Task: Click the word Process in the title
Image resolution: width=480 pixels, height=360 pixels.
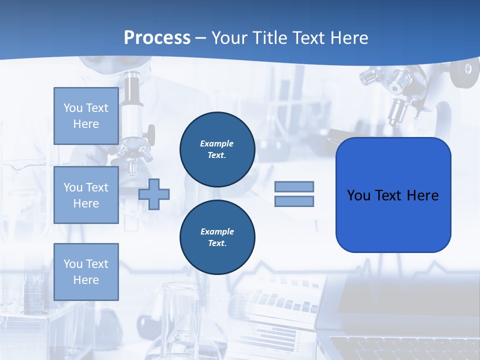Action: [157, 38]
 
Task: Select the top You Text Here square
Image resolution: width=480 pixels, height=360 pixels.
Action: [86, 116]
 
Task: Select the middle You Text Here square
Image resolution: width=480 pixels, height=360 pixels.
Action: [86, 195]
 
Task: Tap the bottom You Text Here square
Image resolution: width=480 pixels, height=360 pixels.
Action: [86, 271]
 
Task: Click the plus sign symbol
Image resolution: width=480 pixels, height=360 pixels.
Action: [154, 194]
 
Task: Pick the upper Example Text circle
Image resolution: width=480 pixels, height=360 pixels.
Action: [217, 149]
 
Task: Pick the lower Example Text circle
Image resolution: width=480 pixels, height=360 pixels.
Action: [217, 237]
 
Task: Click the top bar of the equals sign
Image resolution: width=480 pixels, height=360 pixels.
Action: [294, 186]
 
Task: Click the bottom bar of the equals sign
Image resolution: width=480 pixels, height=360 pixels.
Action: [294, 201]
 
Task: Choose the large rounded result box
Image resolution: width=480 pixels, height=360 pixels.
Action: [393, 195]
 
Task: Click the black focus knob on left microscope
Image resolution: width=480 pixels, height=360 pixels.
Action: [149, 132]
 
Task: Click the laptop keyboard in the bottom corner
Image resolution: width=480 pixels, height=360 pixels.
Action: [400, 347]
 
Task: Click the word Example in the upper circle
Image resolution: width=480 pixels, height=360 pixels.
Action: [217, 143]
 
